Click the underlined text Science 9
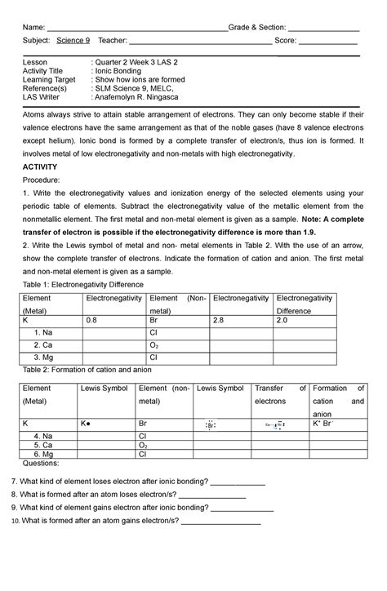(x=73, y=41)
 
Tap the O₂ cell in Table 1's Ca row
(x=155, y=345)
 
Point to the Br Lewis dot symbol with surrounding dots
(x=210, y=426)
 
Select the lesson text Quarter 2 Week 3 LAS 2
(x=136, y=63)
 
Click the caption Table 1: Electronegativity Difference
(x=86, y=283)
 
